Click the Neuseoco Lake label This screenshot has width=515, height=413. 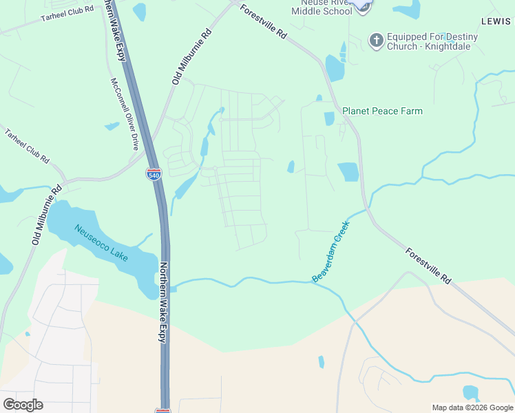[101, 244]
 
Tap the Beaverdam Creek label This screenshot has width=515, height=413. [331, 251]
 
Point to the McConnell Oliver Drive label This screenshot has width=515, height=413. [125, 114]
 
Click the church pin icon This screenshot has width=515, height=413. [376, 41]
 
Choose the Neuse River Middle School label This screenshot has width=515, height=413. [321, 7]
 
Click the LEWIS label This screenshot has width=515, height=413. [496, 21]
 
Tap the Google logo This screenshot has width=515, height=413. [23, 404]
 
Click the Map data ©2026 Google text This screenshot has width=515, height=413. [472, 407]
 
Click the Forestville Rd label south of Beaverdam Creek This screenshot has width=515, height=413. [428, 266]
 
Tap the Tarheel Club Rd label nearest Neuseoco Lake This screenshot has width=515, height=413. [27, 146]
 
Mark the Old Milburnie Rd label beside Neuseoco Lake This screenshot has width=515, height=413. [47, 215]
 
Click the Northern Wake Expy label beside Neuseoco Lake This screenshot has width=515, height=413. [163, 302]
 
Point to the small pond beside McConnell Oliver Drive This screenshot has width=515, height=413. [112, 126]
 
